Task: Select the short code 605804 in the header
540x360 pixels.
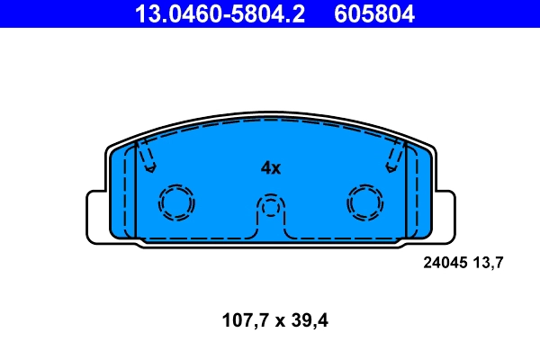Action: click(377, 13)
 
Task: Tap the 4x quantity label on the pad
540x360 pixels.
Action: click(271, 167)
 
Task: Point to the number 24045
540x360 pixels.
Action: click(445, 263)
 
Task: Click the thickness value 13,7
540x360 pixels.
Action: click(488, 263)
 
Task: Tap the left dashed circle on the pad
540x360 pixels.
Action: click(176, 202)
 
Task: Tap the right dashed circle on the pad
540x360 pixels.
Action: click(365, 202)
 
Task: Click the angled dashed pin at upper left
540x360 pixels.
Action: click(146, 157)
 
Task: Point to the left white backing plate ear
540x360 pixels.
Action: click(95, 216)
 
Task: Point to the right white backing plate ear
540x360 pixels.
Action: click(445, 216)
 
